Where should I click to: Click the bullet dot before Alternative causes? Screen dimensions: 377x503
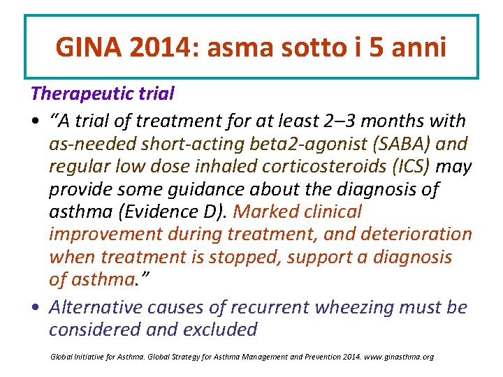[x=35, y=308]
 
